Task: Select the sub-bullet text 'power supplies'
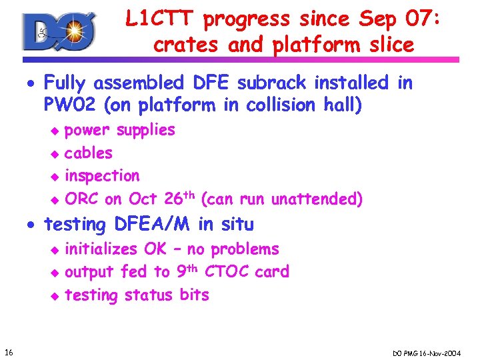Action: tap(119, 130)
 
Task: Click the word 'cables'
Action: tap(88, 153)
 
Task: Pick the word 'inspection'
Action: tap(102, 176)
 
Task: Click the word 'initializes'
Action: tap(101, 249)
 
